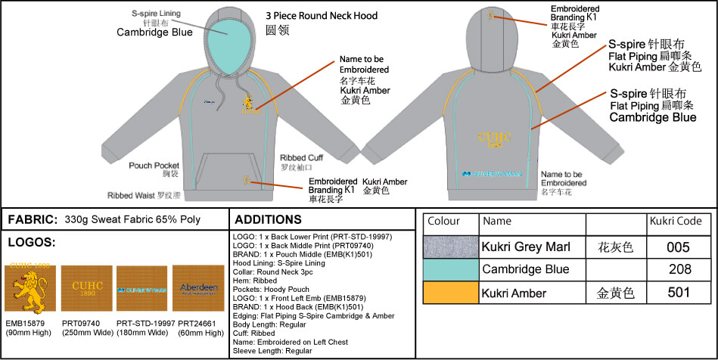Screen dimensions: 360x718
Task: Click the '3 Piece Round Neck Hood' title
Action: pyautogui.click(x=322, y=16)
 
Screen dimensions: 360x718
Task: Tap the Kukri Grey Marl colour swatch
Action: pyautogui.click(x=451, y=247)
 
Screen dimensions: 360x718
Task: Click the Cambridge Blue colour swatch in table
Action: pyautogui.click(x=451, y=269)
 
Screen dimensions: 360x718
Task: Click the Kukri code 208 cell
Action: pyautogui.click(x=679, y=269)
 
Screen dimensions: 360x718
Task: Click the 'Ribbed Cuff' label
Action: pyautogui.click(x=301, y=157)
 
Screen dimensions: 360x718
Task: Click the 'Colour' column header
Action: pyautogui.click(x=444, y=222)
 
